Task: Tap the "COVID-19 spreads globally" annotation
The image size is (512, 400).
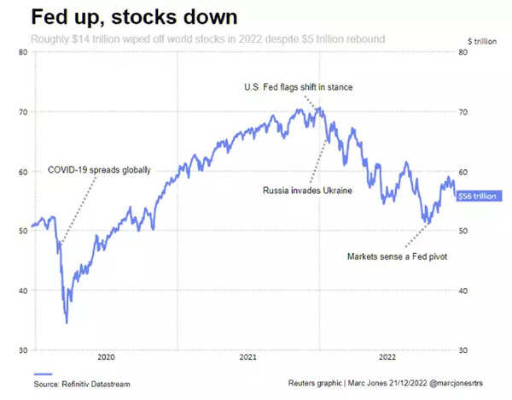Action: [x=99, y=170]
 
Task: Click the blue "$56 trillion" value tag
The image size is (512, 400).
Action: [x=474, y=196]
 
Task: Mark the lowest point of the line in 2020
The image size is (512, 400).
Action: [x=67, y=322]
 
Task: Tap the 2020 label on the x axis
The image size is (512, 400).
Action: [x=106, y=356]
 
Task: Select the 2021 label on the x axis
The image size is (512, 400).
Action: [x=247, y=356]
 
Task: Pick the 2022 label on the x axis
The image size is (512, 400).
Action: [x=388, y=356]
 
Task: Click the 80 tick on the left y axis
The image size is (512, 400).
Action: [x=23, y=52]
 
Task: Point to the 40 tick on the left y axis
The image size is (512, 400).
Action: [x=23, y=291]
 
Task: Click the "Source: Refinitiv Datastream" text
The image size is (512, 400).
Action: [x=83, y=385]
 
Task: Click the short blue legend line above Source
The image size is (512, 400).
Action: [x=44, y=374]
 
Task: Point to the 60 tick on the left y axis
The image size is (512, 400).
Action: [x=23, y=172]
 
